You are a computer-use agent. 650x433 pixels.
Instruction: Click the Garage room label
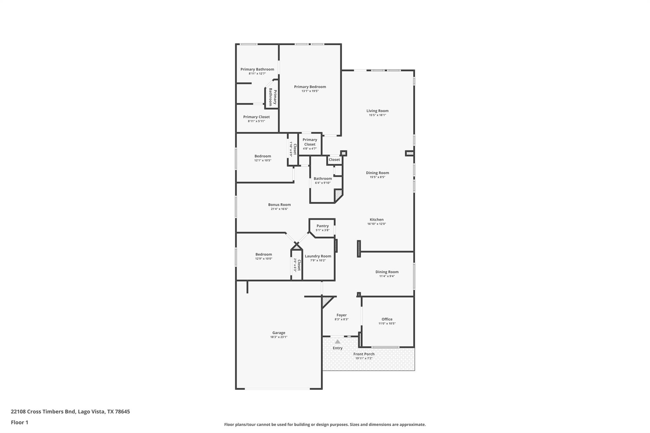pos(279,333)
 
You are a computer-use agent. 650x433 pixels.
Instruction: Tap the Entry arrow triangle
pos(338,342)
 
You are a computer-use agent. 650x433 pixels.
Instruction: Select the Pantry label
pos(322,226)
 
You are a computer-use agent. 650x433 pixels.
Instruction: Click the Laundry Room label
pos(318,256)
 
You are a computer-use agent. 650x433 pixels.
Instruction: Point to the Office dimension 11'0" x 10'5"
pos(387,324)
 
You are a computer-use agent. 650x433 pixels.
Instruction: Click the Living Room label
pos(377,111)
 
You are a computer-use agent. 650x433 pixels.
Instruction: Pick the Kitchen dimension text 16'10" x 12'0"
pos(376,224)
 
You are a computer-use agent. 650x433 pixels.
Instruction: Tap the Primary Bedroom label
pos(310,87)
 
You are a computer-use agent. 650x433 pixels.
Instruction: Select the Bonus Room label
pos(279,205)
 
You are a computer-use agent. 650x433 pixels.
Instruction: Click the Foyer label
pos(342,315)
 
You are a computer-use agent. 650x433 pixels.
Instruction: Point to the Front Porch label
pos(364,354)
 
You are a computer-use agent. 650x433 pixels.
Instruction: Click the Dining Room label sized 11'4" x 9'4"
pos(387,272)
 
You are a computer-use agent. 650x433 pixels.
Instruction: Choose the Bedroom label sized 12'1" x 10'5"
pos(262,156)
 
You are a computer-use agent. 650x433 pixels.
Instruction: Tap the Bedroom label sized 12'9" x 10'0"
pos(263,254)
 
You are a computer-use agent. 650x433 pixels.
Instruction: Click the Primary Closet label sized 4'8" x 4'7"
pos(310,142)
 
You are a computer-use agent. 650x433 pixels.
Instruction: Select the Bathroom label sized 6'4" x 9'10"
pos(322,179)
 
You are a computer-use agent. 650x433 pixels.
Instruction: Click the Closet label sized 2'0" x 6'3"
pos(299,265)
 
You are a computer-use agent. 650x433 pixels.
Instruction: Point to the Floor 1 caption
pos(19,422)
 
